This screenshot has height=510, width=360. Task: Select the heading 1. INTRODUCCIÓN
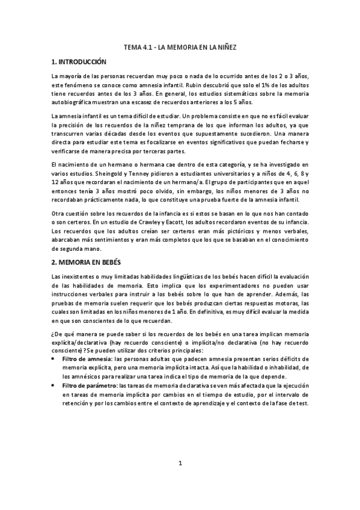79,62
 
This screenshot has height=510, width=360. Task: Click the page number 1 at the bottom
180,464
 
